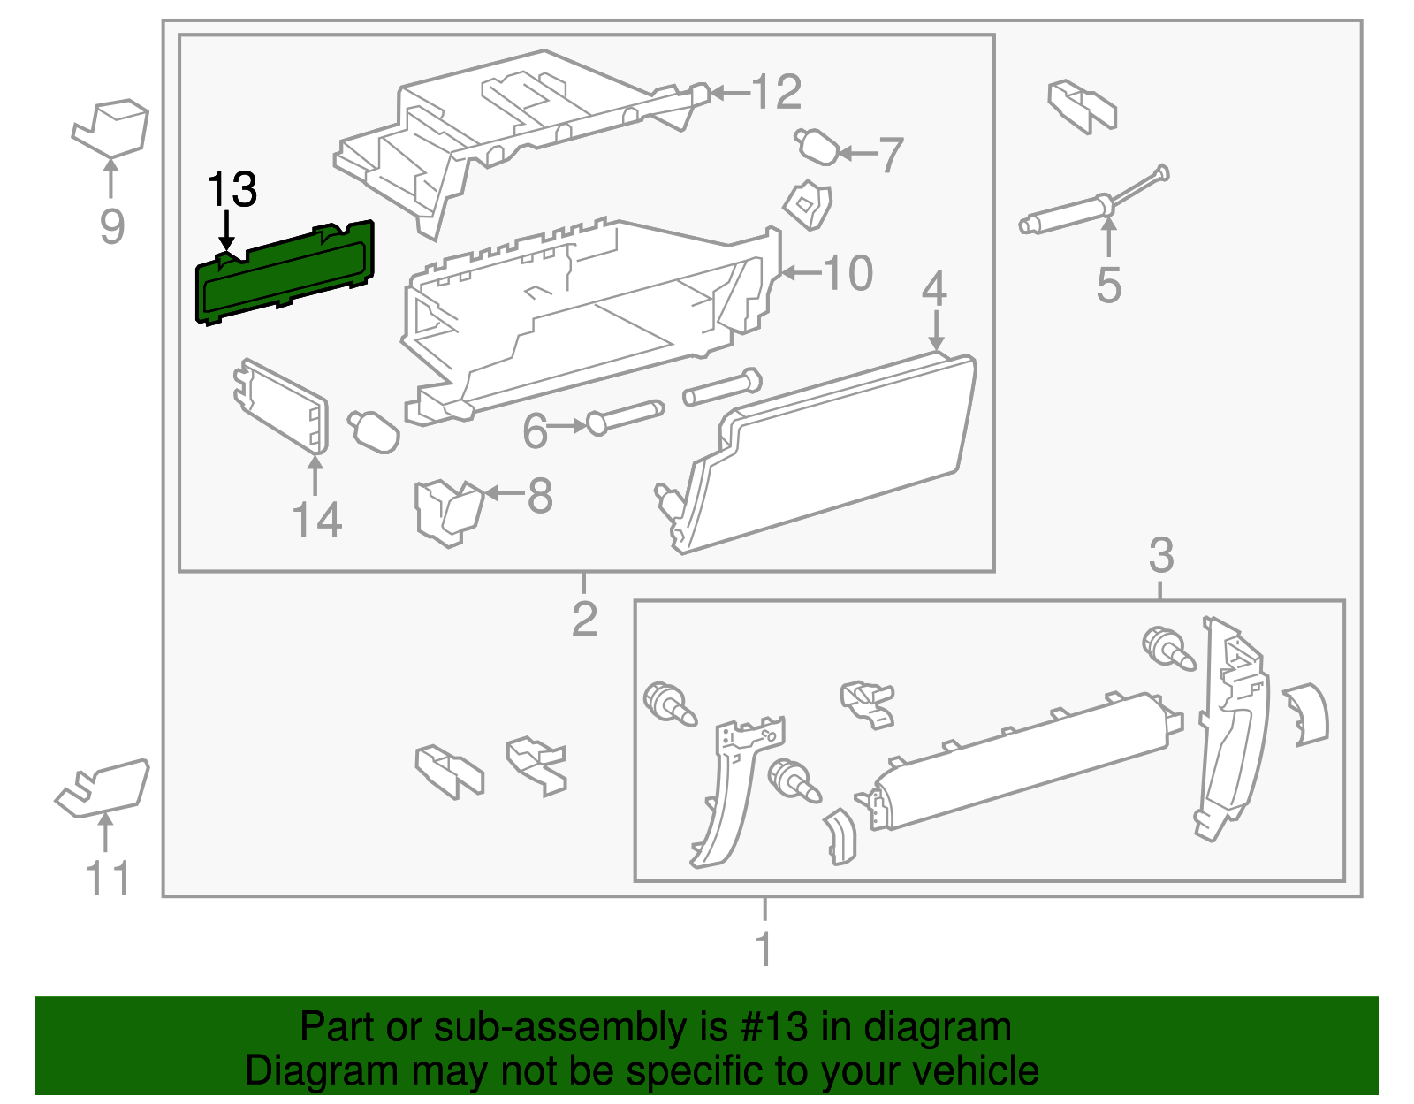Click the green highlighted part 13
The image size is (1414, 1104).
click(285, 274)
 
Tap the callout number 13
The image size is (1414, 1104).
click(232, 190)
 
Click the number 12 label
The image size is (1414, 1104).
click(776, 92)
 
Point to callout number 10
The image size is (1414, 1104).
click(848, 273)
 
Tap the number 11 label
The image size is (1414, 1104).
click(108, 879)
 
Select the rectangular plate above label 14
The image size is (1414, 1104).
click(281, 407)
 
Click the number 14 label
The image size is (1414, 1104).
click(316, 520)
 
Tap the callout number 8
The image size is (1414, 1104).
click(540, 496)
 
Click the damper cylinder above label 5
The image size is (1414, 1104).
click(1065, 216)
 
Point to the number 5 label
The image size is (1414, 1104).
click(1108, 286)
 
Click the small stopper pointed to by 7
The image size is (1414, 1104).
click(817, 147)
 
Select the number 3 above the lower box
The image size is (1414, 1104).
click(1160, 555)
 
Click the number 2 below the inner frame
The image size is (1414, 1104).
click(584, 619)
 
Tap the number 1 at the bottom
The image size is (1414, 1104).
click(764, 949)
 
